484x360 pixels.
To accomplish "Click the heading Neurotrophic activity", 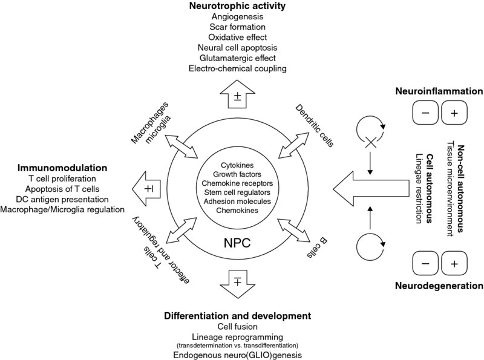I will tap(237, 7).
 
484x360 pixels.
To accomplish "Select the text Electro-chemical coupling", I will tap(237, 68).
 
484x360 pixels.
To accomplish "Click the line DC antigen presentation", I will tap(63, 198).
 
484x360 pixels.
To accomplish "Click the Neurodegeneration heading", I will tap(438, 285).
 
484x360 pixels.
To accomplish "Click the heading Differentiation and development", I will tap(237, 316).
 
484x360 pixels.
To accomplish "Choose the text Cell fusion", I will tap(237, 327).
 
